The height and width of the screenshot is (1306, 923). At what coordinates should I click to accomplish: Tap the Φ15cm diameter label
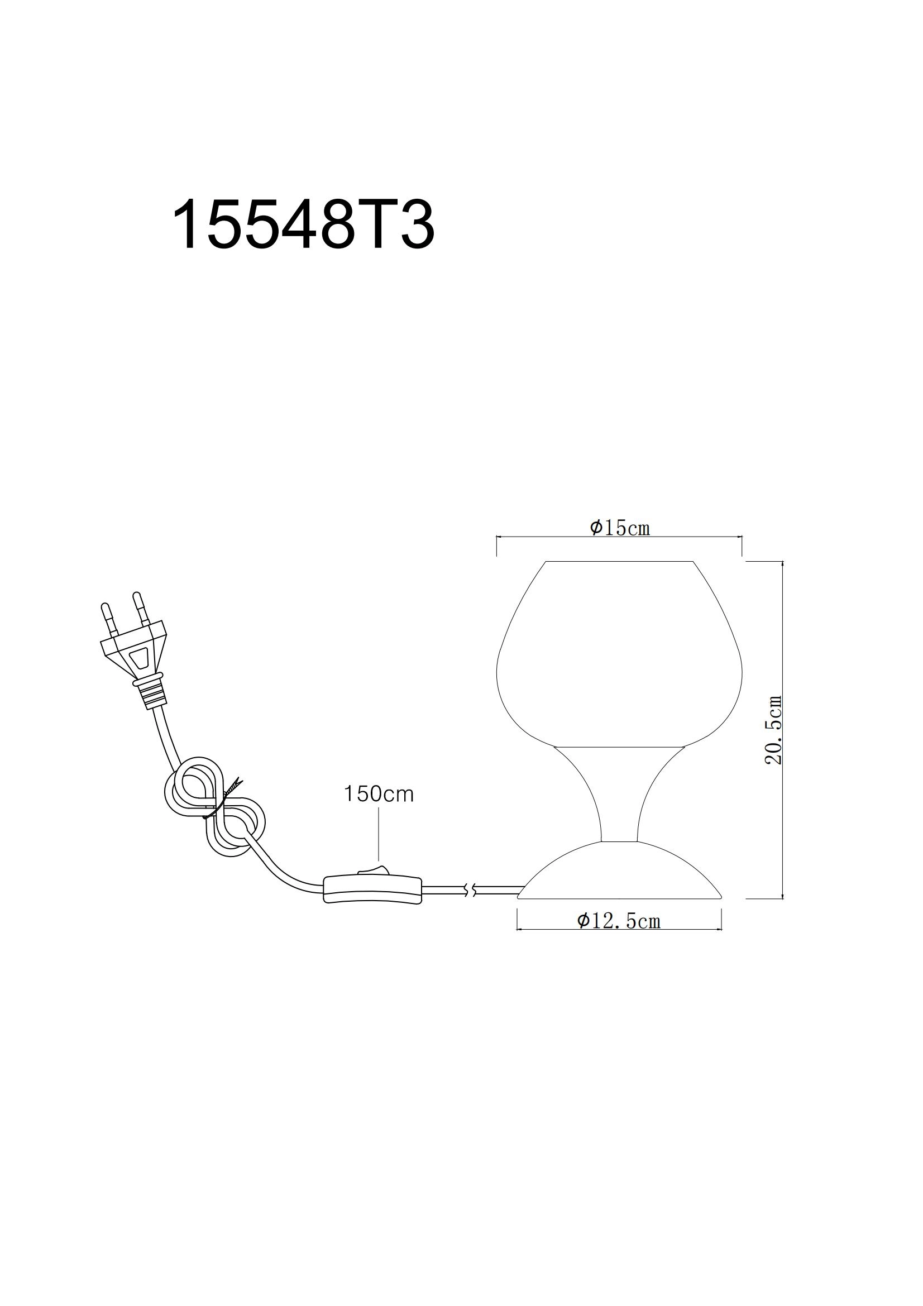coord(619,528)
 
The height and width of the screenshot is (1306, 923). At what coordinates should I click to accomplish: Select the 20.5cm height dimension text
coord(773,730)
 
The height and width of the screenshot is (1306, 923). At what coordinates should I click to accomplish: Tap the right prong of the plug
coord(140,608)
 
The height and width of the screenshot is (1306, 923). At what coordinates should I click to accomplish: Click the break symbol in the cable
coord(469,891)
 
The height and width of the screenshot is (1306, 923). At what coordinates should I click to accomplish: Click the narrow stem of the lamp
coord(619,796)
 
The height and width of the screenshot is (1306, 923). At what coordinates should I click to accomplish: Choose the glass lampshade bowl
coord(619,660)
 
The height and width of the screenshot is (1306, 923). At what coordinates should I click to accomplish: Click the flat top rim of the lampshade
coord(619,562)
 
